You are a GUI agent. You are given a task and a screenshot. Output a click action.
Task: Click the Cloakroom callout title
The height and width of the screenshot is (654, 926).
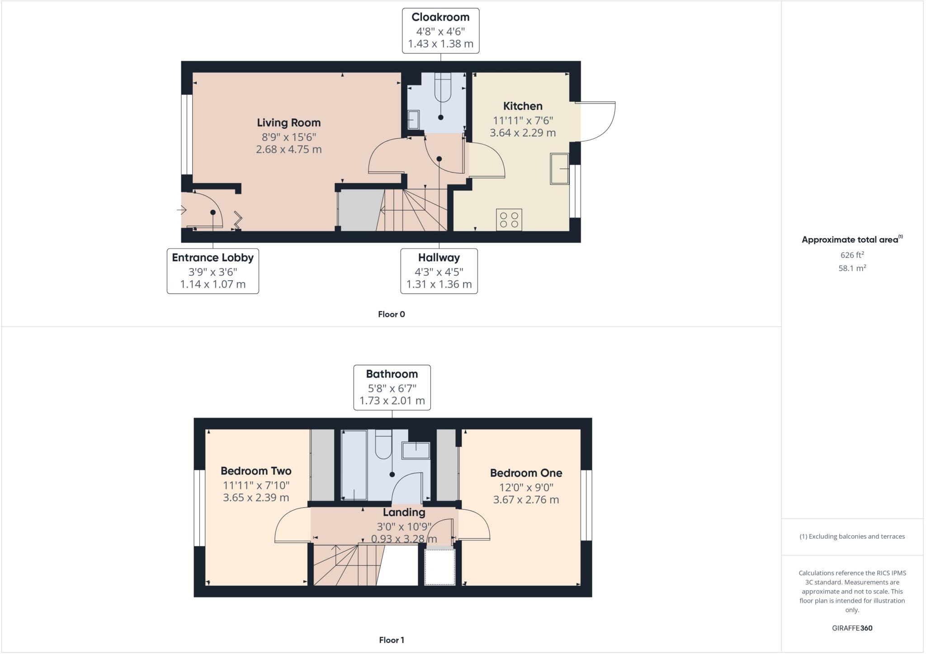click(440, 17)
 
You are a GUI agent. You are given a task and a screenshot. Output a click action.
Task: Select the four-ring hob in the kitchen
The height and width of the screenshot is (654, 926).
click(509, 220)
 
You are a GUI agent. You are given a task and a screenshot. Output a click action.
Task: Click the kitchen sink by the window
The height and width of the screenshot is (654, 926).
click(559, 169)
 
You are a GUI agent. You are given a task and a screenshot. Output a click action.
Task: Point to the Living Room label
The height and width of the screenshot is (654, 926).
click(289, 122)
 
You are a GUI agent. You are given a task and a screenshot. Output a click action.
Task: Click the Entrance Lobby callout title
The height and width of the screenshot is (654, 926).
click(213, 258)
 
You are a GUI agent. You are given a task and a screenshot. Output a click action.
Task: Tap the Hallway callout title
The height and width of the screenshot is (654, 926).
click(439, 258)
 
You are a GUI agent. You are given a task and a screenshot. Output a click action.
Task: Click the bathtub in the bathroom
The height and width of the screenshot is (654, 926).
click(354, 465)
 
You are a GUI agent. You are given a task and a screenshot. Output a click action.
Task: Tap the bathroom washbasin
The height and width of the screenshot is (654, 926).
click(416, 451)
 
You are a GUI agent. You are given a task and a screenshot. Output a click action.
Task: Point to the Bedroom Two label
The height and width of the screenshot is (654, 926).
click(256, 471)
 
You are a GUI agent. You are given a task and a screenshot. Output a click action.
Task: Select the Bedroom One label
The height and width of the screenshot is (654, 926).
click(526, 473)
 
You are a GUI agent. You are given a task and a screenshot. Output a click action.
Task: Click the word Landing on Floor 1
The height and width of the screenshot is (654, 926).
click(404, 513)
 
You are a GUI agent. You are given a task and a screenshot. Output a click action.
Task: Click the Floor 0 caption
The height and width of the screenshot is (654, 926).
click(392, 315)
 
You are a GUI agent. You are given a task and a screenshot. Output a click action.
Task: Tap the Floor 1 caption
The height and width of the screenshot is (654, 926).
click(392, 640)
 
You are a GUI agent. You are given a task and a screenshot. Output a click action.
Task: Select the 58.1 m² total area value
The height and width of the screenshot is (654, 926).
click(852, 268)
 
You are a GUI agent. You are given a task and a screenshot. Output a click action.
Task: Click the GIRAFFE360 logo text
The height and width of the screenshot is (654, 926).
click(852, 628)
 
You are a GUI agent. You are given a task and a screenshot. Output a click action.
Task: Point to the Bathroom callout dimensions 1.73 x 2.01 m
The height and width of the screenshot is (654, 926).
click(392, 400)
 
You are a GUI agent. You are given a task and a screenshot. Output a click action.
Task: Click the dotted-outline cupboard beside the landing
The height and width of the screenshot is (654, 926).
click(440, 567)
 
